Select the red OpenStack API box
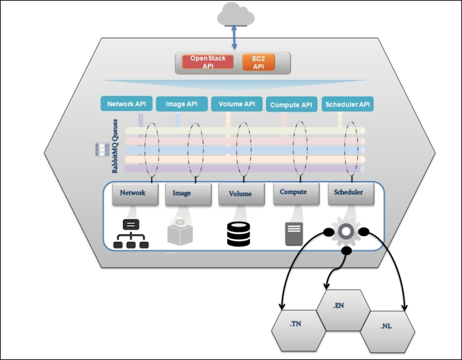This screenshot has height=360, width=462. click(x=207, y=63)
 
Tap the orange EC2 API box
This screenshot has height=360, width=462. click(x=259, y=63)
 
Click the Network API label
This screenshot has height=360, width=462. click(x=127, y=104)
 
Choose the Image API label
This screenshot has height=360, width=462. click(x=181, y=104)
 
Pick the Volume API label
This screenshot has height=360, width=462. click(x=236, y=104)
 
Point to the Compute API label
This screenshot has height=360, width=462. click(x=291, y=104)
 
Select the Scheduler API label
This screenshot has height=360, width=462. click(x=346, y=104)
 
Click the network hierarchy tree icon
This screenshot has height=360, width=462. click(x=131, y=234)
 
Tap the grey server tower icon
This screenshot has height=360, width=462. click(x=293, y=234)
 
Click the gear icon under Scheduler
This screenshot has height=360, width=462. click(x=345, y=233)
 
